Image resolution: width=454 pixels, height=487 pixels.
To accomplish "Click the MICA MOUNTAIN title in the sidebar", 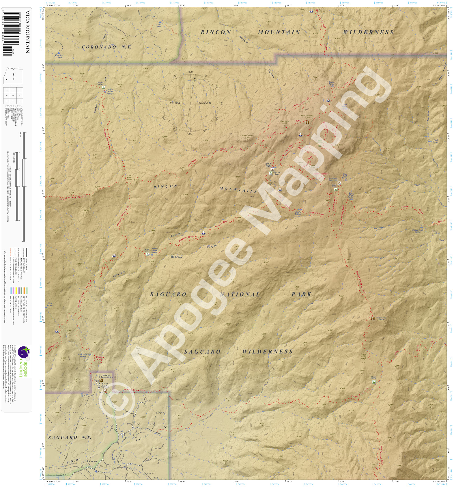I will click(27, 32).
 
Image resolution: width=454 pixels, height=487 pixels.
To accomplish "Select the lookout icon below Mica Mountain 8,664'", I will click(307, 123).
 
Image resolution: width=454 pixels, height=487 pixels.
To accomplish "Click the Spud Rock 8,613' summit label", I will click(284, 122).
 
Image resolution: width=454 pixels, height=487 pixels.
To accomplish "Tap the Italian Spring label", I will click(332, 83).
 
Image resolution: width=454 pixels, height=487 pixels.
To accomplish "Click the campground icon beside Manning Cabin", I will click(270, 173).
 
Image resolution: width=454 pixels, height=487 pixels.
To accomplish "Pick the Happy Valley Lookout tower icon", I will click(373, 319).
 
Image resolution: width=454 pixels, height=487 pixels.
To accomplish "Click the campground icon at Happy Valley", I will click(374, 382).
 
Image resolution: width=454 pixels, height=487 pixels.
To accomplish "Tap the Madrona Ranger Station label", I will click(107, 376).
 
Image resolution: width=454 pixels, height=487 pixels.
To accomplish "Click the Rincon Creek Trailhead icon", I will click(105, 390).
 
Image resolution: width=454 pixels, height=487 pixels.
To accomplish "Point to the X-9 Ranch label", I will click(93, 462).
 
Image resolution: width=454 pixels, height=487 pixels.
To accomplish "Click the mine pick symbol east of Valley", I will click(165, 427).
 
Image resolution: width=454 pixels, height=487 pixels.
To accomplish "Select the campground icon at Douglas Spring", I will click(102, 87).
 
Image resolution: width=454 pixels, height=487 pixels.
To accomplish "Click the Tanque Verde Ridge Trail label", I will click(73, 198).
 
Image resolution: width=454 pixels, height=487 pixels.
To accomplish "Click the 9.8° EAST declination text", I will click(176, 103).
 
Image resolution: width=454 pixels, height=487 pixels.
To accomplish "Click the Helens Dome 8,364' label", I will click(247, 137).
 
